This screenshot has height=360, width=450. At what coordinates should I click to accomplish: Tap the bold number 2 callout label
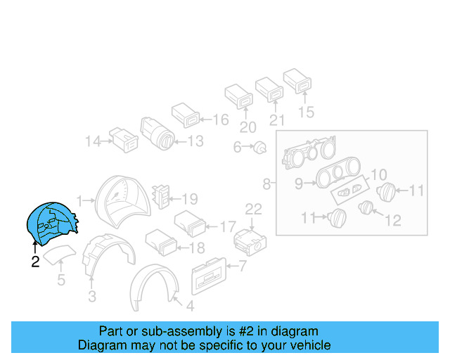click(34, 263)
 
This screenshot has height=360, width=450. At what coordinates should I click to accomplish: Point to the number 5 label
click(60, 281)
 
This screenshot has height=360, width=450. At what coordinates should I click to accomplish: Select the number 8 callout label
click(266, 185)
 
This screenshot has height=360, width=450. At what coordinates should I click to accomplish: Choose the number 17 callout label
click(227, 227)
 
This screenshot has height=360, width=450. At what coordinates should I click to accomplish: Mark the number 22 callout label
click(252, 209)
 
